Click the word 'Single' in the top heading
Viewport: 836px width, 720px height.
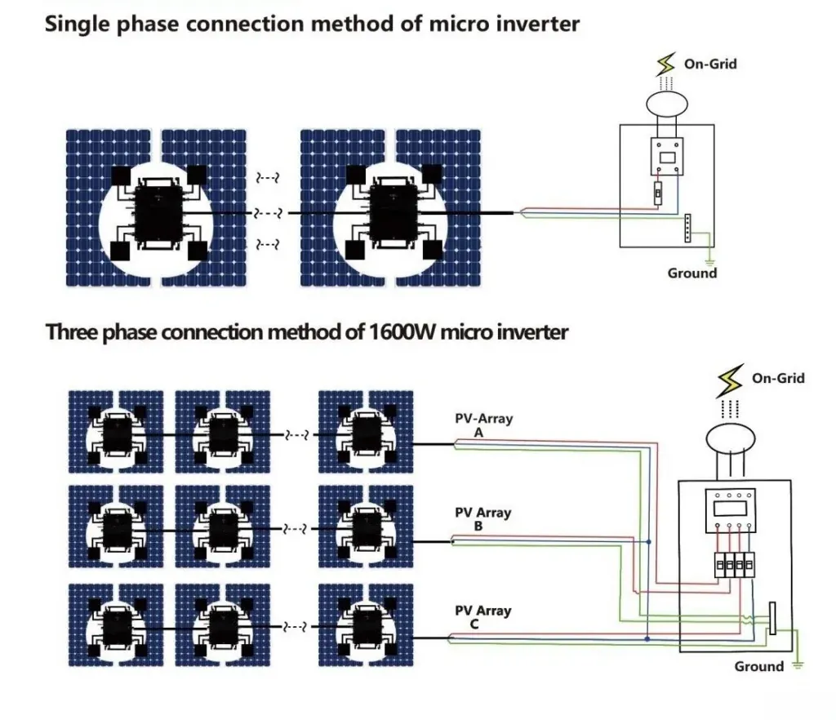(77, 24)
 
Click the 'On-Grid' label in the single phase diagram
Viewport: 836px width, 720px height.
(710, 64)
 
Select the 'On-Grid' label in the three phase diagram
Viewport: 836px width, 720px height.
(778, 379)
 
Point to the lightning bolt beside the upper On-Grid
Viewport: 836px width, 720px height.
(665, 64)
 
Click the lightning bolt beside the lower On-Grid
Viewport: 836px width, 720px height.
(730, 380)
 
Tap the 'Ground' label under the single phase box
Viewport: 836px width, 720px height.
(692, 273)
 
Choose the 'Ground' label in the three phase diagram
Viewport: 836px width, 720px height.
(758, 666)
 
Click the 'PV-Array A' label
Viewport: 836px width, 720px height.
(483, 424)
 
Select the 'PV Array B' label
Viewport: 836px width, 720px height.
(482, 519)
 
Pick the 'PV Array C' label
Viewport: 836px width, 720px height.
(482, 617)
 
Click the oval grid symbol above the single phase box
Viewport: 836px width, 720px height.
(666, 104)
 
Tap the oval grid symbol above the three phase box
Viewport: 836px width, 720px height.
(730, 439)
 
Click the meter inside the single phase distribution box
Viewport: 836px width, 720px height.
(667, 157)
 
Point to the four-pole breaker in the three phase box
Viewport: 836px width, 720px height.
(734, 565)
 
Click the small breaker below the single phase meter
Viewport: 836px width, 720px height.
(659, 193)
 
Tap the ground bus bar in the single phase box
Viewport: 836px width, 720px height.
(687, 228)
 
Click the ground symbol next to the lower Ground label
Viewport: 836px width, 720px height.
(798, 665)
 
